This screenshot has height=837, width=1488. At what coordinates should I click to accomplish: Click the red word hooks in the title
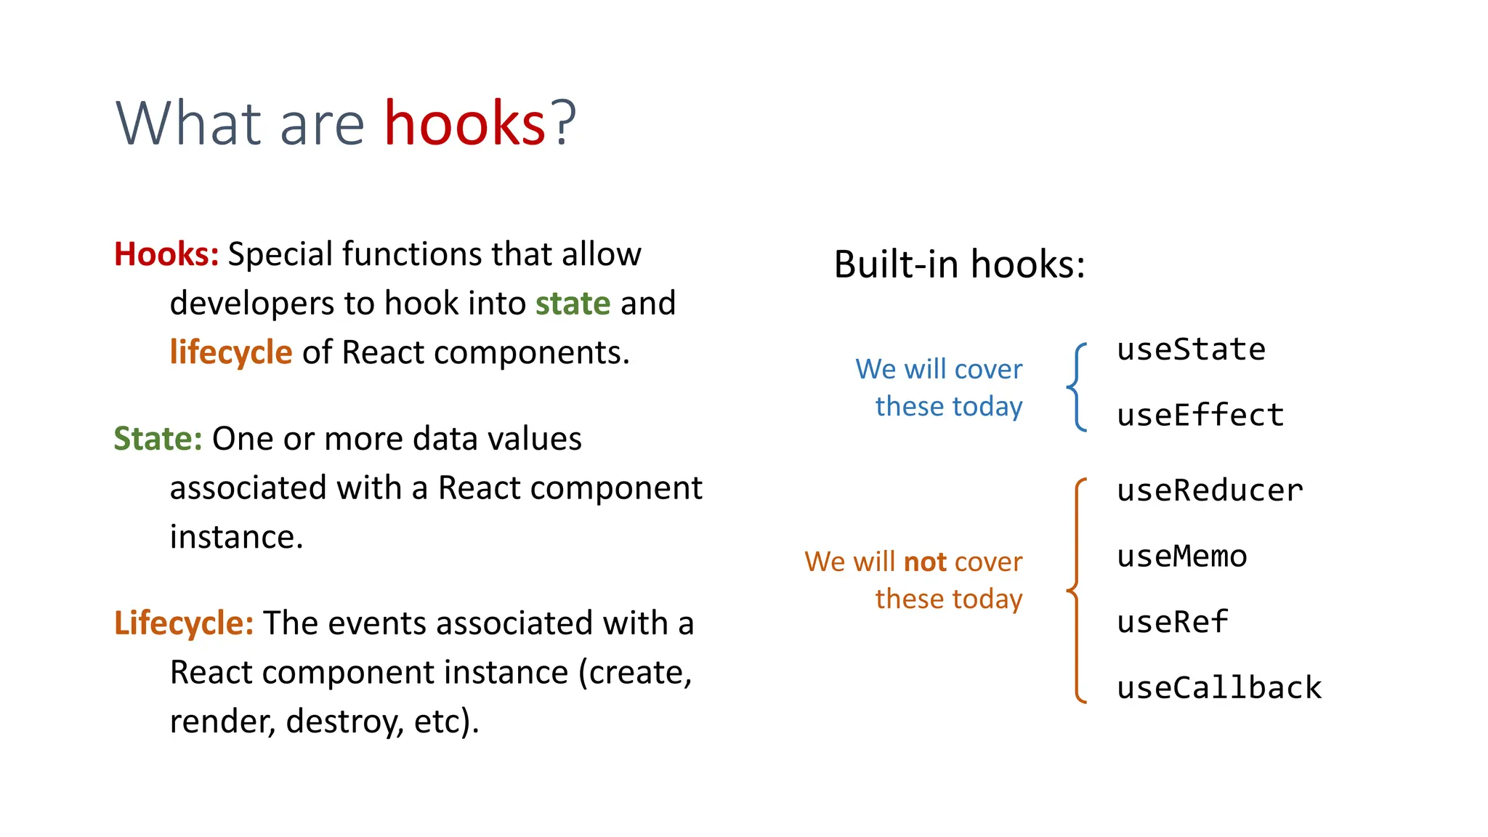coord(464,123)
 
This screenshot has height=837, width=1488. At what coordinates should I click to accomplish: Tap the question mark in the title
coord(563,123)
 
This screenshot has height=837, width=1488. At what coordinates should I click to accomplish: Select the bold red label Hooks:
coord(166,254)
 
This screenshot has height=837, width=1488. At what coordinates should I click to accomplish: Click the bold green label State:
coord(158,439)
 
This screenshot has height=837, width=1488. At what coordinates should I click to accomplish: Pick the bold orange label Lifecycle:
coord(184,623)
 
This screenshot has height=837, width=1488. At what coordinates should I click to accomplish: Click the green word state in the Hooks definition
coord(573,303)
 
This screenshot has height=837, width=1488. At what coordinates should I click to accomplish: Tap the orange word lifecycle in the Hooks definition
coord(231,352)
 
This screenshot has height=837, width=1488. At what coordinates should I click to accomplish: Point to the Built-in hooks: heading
coord(959,264)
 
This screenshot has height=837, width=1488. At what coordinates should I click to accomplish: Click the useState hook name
coord(1191,349)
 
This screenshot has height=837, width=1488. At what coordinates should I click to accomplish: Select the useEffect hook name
coord(1200,416)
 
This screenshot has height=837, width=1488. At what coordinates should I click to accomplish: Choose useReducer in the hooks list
coord(1210,490)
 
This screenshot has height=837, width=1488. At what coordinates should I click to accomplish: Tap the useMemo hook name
coord(1182,557)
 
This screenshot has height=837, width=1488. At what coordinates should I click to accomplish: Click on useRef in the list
coord(1172,622)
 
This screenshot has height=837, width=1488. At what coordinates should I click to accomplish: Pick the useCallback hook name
coord(1219,688)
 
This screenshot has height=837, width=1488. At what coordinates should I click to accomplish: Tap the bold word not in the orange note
coord(925,562)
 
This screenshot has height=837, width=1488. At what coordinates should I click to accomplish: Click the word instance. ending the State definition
coord(236,538)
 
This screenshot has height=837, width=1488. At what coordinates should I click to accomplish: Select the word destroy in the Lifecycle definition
coord(344,721)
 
